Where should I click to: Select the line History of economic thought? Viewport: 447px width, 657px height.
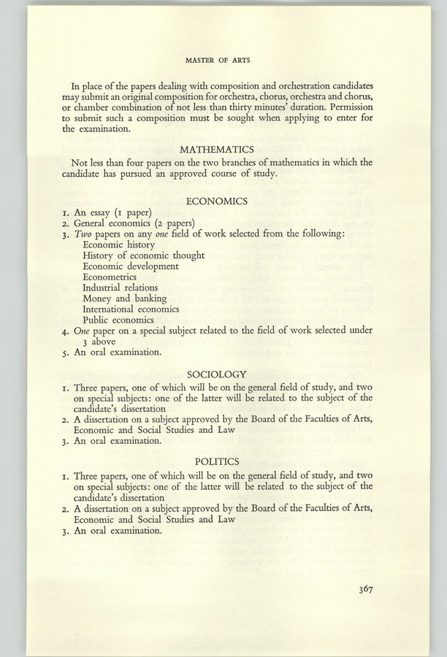point(143,256)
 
